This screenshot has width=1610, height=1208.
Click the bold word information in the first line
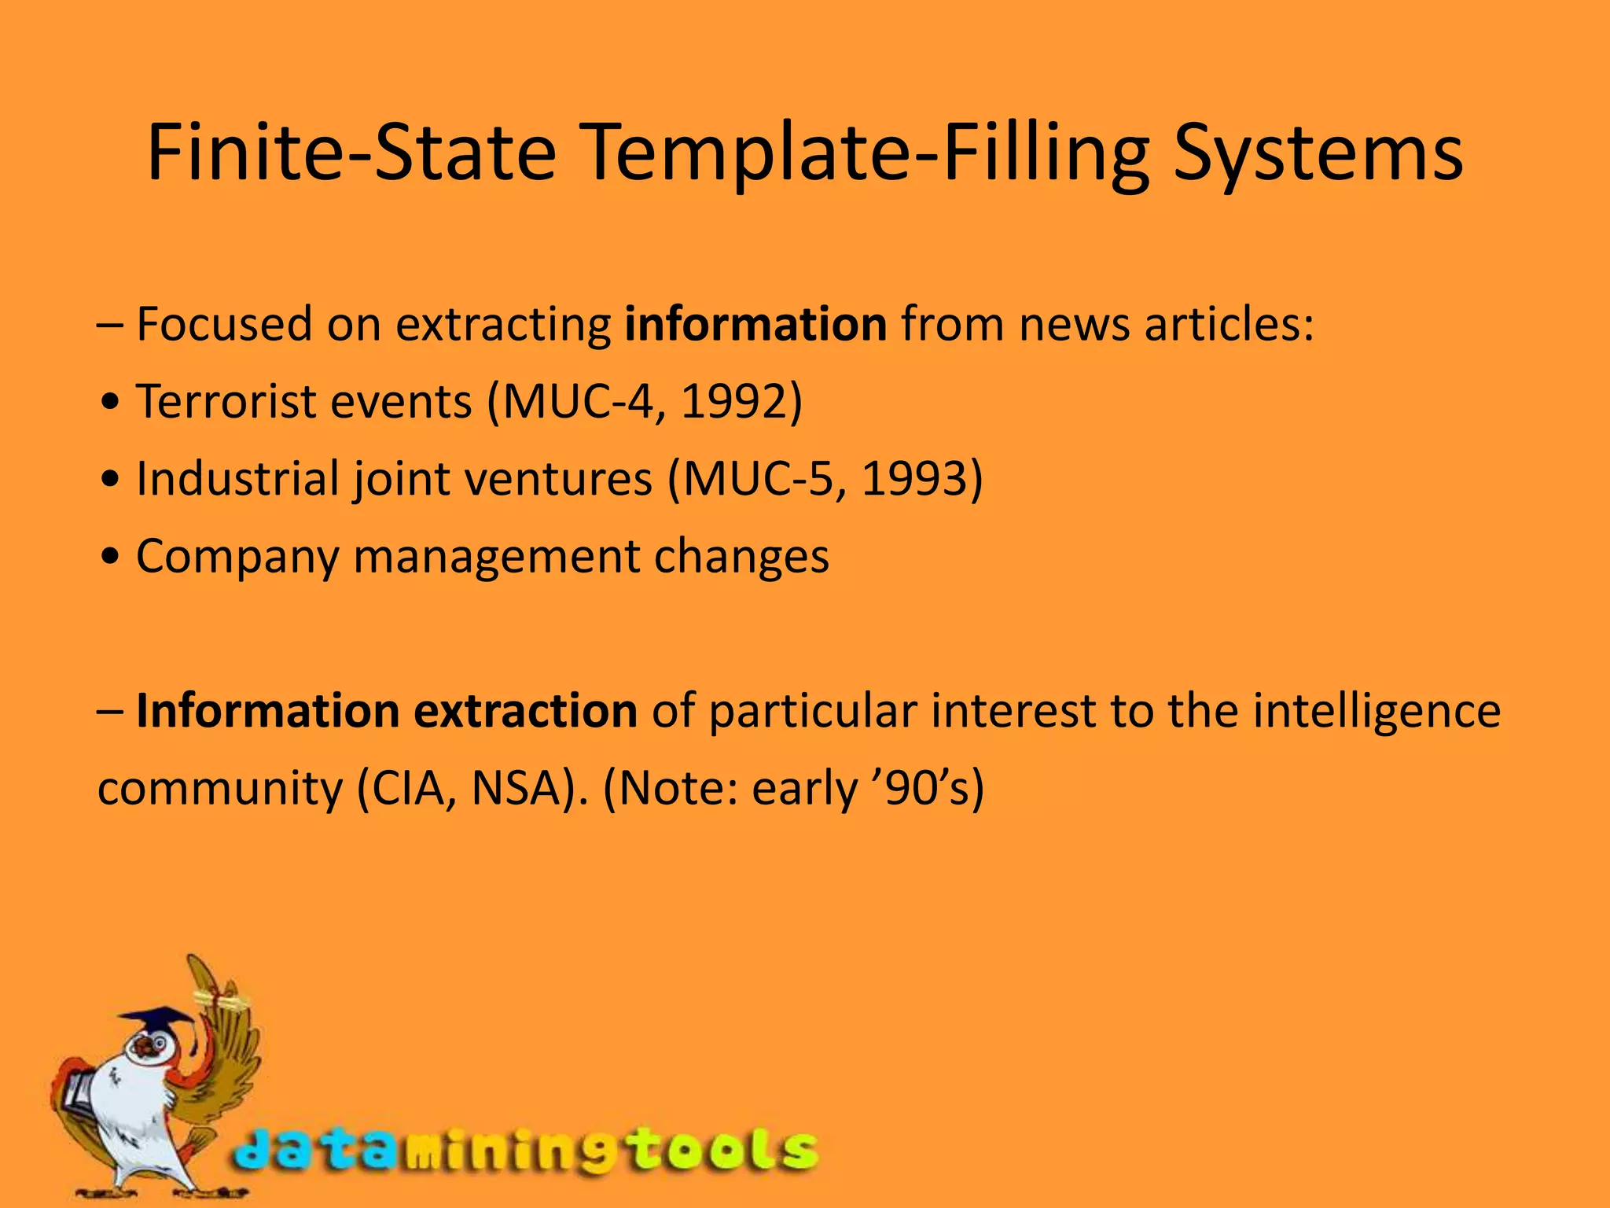tap(755, 324)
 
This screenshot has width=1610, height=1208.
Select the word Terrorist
tap(225, 402)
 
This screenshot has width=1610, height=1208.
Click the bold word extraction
tap(525, 711)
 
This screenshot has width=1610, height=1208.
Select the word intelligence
tap(1377, 711)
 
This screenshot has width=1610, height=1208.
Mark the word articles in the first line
tap(1228, 324)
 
